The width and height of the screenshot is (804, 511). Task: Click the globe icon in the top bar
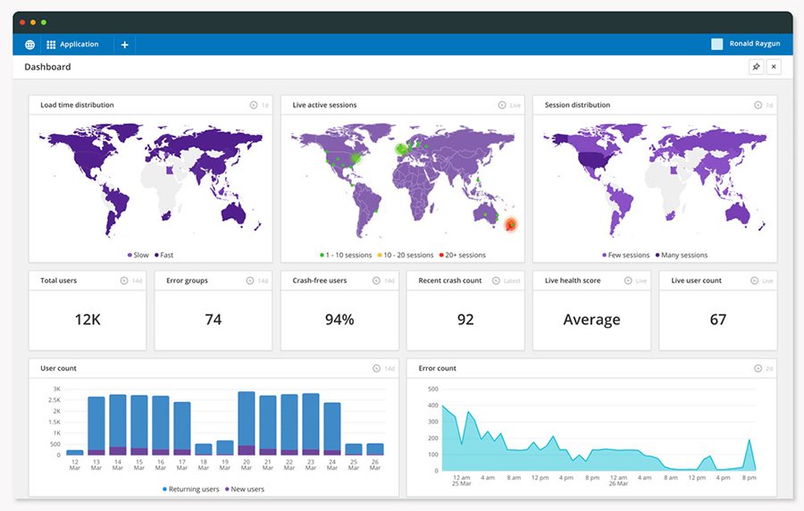[x=29, y=45]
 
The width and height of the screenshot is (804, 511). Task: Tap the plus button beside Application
[x=124, y=45]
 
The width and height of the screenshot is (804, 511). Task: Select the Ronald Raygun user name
[x=753, y=45]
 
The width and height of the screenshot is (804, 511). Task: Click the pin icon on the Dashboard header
[x=756, y=67]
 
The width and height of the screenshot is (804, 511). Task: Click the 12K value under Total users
[x=87, y=320]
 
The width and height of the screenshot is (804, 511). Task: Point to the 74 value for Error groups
[x=213, y=320]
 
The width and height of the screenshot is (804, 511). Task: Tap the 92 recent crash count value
[x=465, y=320]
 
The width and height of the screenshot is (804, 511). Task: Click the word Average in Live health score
[x=590, y=320]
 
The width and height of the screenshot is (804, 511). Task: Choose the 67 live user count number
[x=717, y=320]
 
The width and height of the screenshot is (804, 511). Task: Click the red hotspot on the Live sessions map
[x=510, y=224]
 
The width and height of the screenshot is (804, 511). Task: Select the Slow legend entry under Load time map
[x=138, y=255]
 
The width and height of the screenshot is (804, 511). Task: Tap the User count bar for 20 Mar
[x=246, y=424]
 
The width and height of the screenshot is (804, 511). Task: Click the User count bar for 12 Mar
[x=75, y=452]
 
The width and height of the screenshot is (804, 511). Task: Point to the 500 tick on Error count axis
[x=433, y=389]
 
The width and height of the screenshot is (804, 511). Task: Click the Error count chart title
[x=438, y=368]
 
